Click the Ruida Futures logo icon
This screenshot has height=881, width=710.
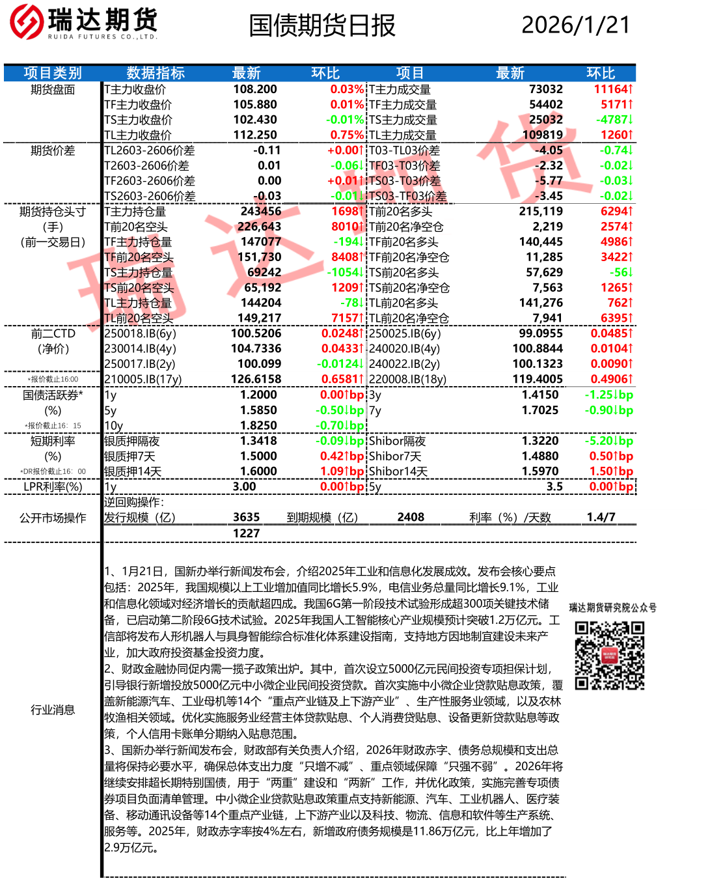click(x=27, y=21)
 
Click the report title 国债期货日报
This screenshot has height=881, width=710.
click(x=322, y=25)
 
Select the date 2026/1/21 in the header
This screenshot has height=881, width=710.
click(x=576, y=25)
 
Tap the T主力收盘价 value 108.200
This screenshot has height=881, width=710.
click(x=255, y=89)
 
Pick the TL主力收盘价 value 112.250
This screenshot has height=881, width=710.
click(x=255, y=135)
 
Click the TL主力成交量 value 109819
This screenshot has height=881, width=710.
click(x=543, y=135)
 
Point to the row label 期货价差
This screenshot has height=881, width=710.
click(x=53, y=150)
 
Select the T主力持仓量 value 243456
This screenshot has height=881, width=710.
click(x=261, y=211)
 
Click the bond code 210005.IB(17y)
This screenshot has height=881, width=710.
click(x=143, y=379)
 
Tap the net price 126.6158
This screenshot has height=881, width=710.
click(x=256, y=379)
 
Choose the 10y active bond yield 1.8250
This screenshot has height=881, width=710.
click(x=258, y=425)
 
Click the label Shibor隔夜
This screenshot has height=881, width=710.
click(x=397, y=441)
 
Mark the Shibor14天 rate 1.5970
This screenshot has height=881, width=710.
click(x=540, y=471)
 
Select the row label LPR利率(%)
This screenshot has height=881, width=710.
click(x=53, y=486)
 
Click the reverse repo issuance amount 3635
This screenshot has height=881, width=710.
click(x=247, y=517)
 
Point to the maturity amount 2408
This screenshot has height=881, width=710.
click(x=411, y=517)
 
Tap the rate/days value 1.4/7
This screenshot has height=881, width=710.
click(x=601, y=517)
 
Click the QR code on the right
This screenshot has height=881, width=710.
click(x=610, y=655)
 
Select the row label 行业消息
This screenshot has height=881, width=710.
click(x=53, y=710)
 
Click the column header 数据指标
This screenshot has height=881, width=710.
click(x=156, y=73)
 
